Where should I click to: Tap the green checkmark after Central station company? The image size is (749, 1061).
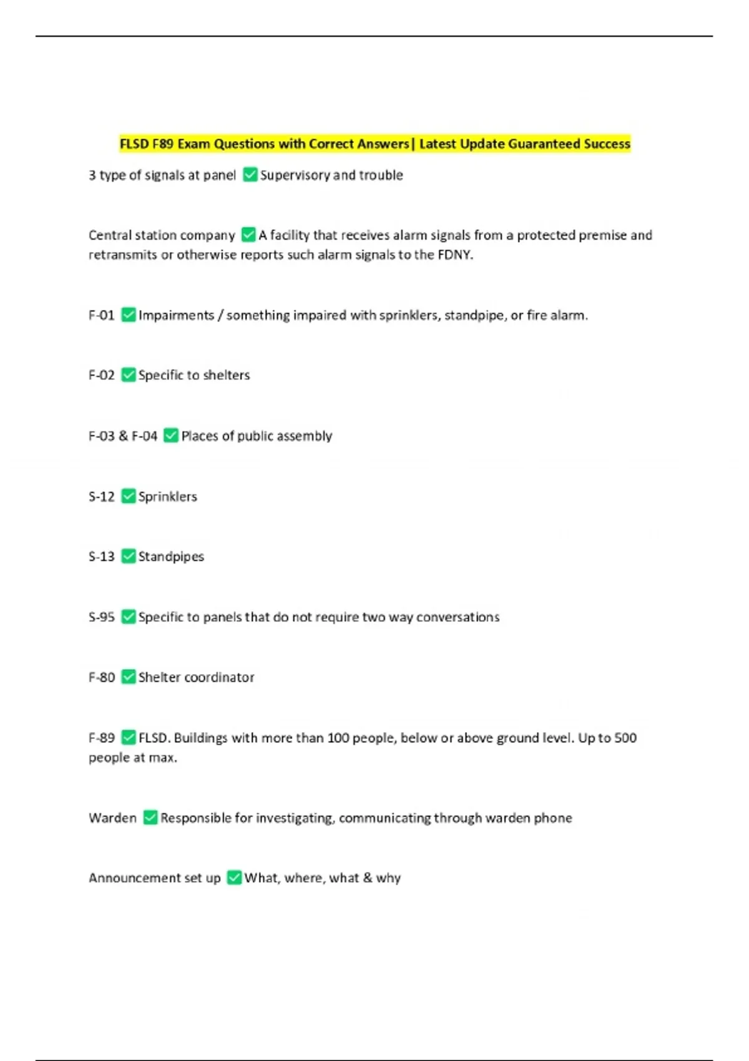click(x=248, y=235)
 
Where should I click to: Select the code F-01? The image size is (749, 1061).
click(x=101, y=315)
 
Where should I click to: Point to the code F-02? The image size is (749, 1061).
click(x=101, y=375)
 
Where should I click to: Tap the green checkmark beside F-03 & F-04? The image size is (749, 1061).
click(x=170, y=436)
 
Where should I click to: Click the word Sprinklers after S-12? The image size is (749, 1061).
click(x=167, y=497)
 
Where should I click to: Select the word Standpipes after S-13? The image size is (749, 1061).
click(x=171, y=557)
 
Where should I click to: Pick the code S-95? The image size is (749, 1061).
click(x=101, y=617)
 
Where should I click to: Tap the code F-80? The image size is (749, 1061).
click(x=101, y=677)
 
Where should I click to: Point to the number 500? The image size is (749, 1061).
click(x=625, y=738)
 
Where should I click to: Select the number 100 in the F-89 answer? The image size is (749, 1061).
click(x=338, y=738)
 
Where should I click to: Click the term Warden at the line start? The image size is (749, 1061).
click(x=112, y=818)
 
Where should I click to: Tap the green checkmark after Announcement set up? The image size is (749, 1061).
click(x=234, y=878)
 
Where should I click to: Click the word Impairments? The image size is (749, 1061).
click(x=176, y=315)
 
